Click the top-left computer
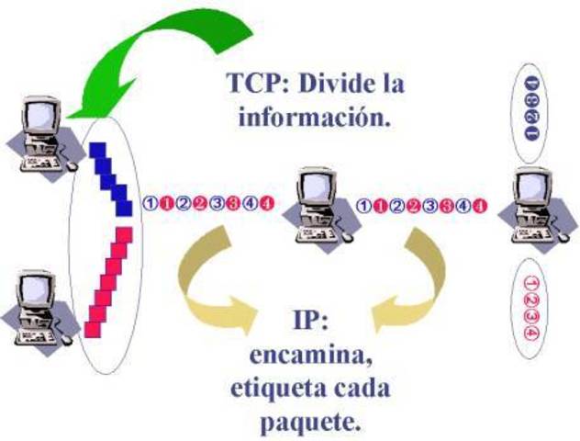click(x=42, y=138)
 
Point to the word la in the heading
click(x=394, y=85)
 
